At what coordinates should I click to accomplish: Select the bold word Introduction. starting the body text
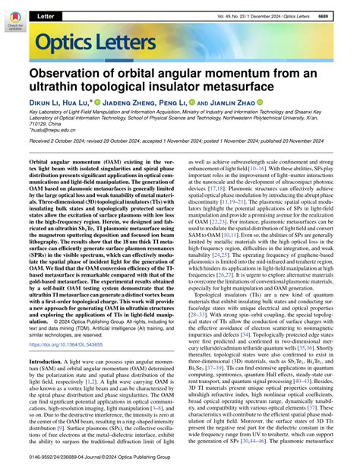point(51,340)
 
